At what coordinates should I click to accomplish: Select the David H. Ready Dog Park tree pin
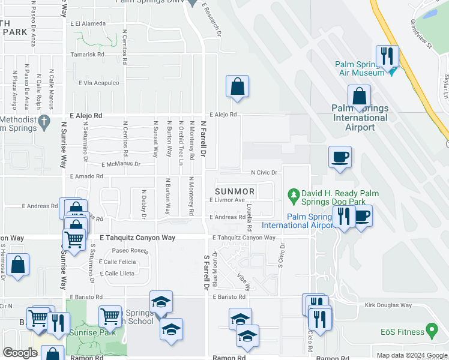294,194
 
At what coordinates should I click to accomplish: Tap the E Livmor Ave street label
228,200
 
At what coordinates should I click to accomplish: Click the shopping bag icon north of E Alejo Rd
238,86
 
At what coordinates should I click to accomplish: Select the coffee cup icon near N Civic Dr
340,157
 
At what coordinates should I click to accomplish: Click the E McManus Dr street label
121,164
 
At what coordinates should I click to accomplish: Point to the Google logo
20,353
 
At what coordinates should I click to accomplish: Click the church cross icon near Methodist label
43,122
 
